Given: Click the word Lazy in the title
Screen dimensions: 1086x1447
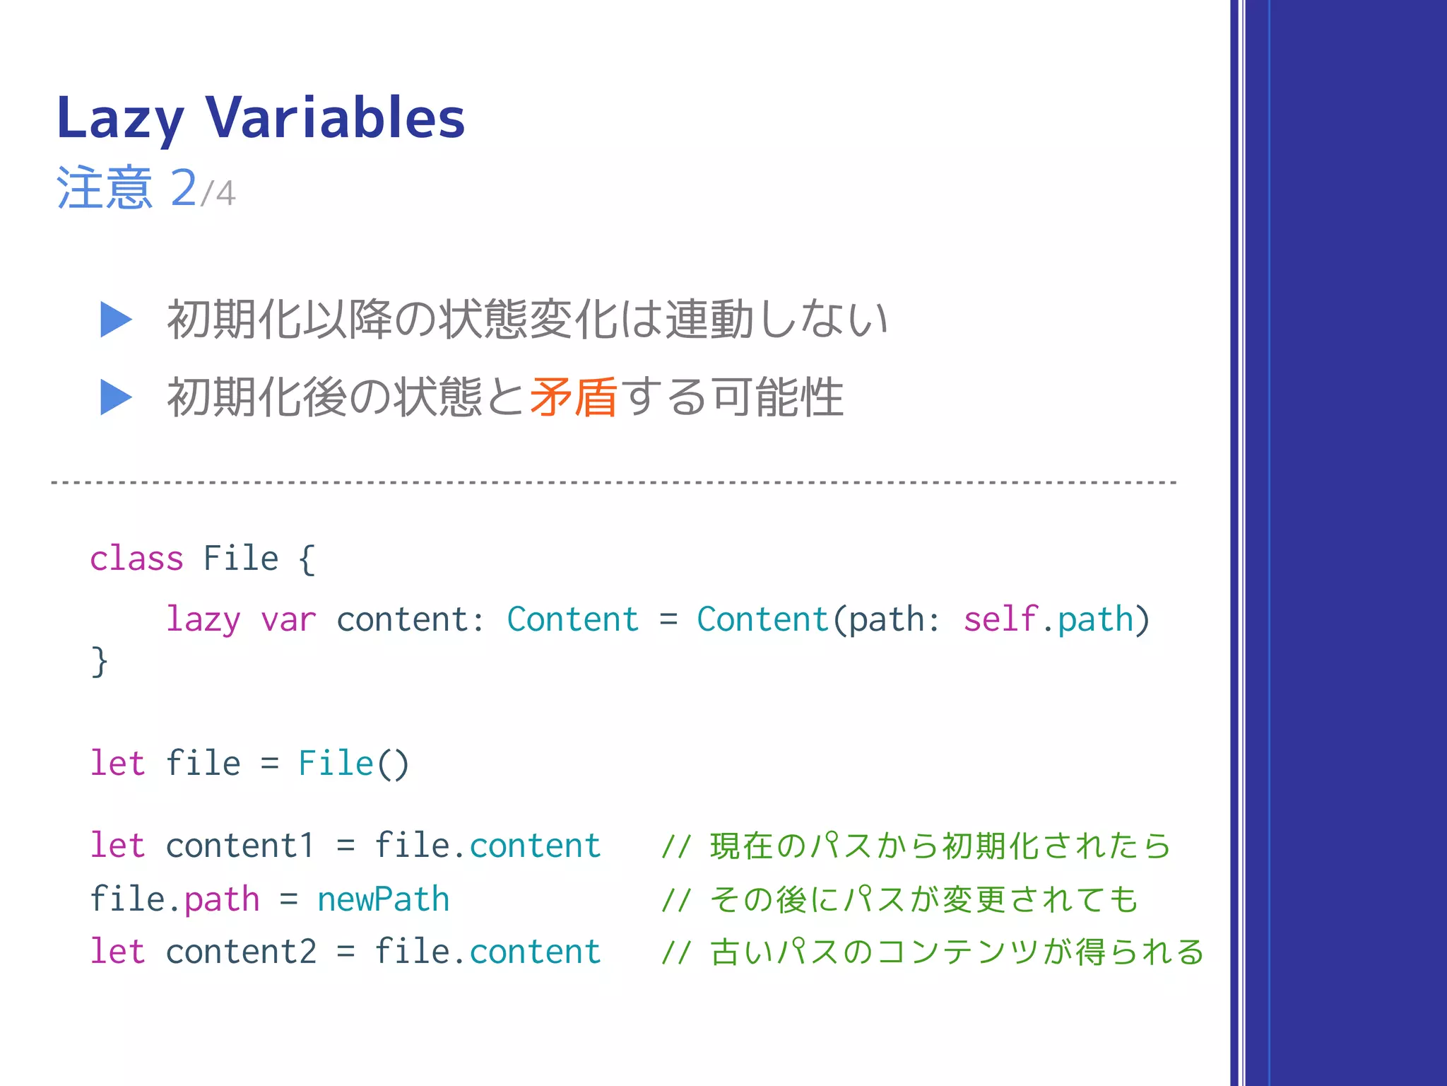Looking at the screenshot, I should click(120, 119).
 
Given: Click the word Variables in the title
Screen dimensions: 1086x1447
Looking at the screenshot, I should click(335, 117).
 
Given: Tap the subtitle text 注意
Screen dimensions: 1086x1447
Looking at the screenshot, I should click(105, 188).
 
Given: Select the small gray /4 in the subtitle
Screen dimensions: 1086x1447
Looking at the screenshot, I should click(218, 193).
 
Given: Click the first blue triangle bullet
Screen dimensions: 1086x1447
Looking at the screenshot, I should click(115, 320).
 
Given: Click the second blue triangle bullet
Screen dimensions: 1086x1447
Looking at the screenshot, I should click(115, 397).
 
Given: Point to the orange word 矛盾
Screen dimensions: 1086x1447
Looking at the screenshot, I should click(573, 397).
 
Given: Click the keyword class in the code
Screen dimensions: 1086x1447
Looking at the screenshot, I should click(136, 559).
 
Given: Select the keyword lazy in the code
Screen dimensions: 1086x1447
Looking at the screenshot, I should click(203, 620).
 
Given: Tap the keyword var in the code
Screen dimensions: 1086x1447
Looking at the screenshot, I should click(288, 620).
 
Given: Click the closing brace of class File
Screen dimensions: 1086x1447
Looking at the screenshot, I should click(100, 662).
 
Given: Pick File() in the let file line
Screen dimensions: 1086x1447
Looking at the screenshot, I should click(353, 764).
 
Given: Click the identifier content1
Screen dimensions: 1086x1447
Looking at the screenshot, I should click(240, 846).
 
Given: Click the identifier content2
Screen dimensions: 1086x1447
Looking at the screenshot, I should click(241, 952).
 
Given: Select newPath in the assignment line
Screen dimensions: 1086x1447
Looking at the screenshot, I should click(383, 899).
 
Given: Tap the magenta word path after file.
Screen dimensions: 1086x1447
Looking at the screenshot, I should click(222, 899).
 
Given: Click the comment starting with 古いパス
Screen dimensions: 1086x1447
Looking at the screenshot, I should click(933, 952).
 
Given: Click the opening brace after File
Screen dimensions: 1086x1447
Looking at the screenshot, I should click(306, 559).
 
